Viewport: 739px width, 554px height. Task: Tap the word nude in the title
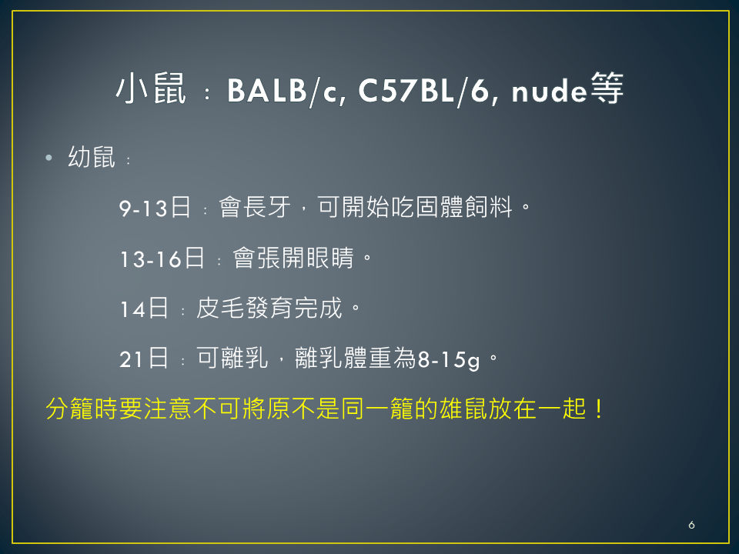coord(549,91)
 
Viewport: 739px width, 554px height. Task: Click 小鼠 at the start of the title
coord(151,88)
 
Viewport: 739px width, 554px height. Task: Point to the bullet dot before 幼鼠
coord(48,157)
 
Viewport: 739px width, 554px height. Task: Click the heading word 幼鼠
coord(92,157)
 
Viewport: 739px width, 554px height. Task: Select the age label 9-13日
coord(155,207)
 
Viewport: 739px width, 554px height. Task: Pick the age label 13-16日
coord(162,259)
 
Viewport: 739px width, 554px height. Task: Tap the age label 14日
coord(144,309)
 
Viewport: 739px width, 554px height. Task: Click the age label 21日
coord(144,359)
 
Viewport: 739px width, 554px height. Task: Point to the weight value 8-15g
coord(449,360)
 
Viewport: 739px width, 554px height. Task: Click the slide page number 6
coord(691,525)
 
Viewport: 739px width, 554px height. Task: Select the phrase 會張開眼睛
coord(293,258)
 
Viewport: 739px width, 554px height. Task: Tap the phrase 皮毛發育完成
coord(269,308)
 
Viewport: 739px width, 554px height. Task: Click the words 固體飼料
coord(463,207)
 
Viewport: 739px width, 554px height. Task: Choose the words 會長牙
coord(255,207)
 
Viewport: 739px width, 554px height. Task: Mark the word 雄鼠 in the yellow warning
coord(463,409)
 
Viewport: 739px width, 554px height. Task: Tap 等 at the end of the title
coord(607,88)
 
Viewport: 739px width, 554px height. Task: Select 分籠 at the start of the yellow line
coord(70,409)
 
